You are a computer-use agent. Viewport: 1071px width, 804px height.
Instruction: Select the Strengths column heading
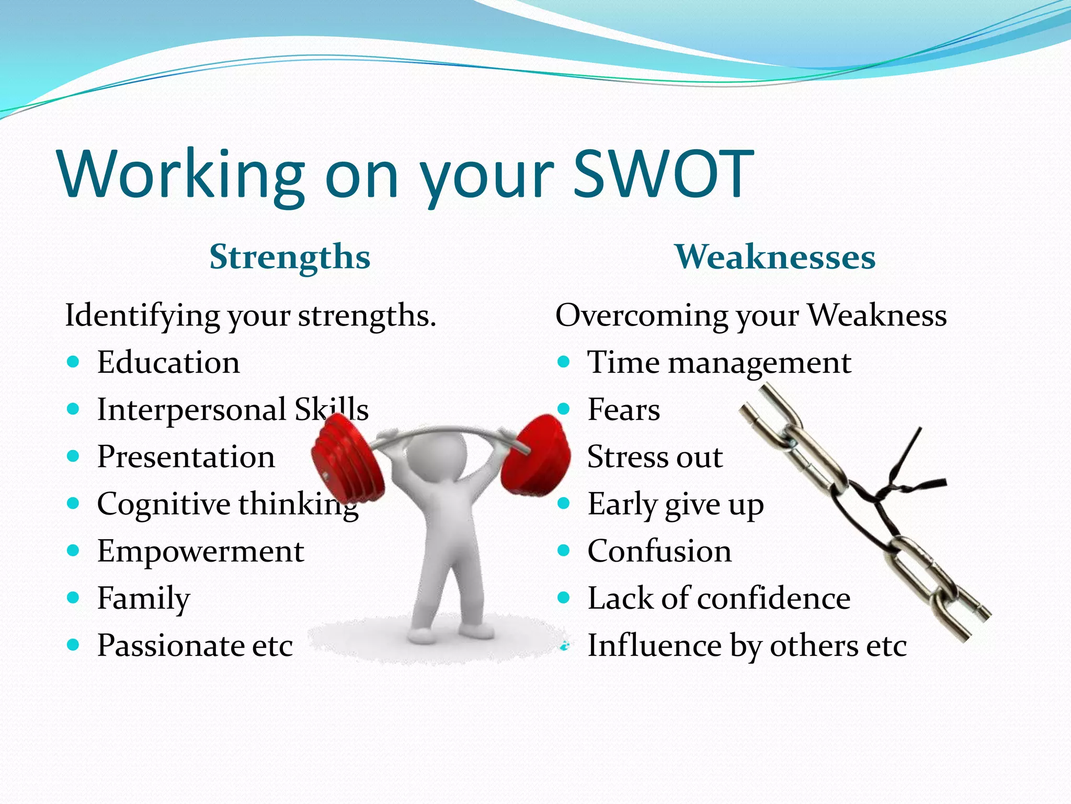pyautogui.click(x=290, y=257)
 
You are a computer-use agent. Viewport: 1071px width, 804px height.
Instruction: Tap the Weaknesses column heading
pyautogui.click(x=774, y=257)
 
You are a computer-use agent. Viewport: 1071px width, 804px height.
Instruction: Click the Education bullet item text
pyautogui.click(x=168, y=362)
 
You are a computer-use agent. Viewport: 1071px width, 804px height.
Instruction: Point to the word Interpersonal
pyautogui.click(x=191, y=410)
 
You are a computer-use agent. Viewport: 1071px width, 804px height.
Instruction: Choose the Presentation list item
pyautogui.click(x=186, y=457)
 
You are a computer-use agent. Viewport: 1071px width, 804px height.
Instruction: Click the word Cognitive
pyautogui.click(x=164, y=505)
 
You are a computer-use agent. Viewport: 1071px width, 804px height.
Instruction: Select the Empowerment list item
pyautogui.click(x=200, y=551)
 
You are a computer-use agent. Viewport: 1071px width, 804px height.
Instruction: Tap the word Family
pyautogui.click(x=143, y=599)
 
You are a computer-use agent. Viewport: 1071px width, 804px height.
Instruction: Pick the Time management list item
pyautogui.click(x=719, y=362)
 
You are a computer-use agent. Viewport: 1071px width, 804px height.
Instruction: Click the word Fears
pyautogui.click(x=623, y=410)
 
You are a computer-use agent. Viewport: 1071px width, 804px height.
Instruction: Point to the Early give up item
pyautogui.click(x=675, y=505)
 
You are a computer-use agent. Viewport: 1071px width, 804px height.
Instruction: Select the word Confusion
pyautogui.click(x=659, y=551)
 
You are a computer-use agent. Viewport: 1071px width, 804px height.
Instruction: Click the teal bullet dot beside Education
pyautogui.click(x=73, y=362)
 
